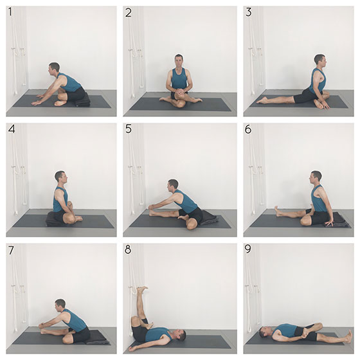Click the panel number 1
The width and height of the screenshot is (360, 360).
pyautogui.click(x=10, y=12)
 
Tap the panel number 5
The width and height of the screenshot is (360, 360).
pyautogui.click(x=129, y=129)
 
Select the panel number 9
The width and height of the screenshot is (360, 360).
pyautogui.click(x=248, y=249)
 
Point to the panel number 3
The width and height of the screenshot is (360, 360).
pyautogui.click(x=248, y=12)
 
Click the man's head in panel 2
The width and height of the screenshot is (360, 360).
pyautogui.click(x=179, y=61)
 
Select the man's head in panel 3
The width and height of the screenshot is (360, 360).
pyautogui.click(x=320, y=60)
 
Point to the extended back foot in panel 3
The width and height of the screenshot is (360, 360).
pyautogui.click(x=262, y=100)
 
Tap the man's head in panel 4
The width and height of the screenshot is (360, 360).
pyautogui.click(x=61, y=177)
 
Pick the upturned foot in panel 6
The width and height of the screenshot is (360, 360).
pyautogui.click(x=278, y=212)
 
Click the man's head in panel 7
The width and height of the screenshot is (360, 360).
pyautogui.click(x=60, y=305)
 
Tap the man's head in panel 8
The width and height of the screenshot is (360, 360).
pyautogui.click(x=181, y=335)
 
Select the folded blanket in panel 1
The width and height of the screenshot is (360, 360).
pyautogui.click(x=82, y=101)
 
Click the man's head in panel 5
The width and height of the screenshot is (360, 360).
pyautogui.click(x=173, y=186)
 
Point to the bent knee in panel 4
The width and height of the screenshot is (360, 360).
pyautogui.click(x=69, y=218)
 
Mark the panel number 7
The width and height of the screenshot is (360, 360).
pyautogui.click(x=11, y=251)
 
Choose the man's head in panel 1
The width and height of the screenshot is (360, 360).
pyautogui.click(x=54, y=68)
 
